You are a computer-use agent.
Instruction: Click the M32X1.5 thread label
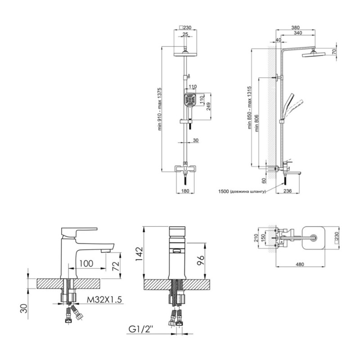104,300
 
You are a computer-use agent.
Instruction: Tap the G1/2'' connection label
141,329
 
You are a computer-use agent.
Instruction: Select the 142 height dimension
139,254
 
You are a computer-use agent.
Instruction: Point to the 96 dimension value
201,261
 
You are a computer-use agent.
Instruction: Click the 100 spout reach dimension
86,263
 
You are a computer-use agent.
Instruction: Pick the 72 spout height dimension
116,266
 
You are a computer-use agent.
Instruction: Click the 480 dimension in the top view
300,265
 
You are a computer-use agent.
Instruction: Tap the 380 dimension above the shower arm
296,28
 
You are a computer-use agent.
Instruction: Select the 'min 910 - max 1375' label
160,109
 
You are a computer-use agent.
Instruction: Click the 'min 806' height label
257,123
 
